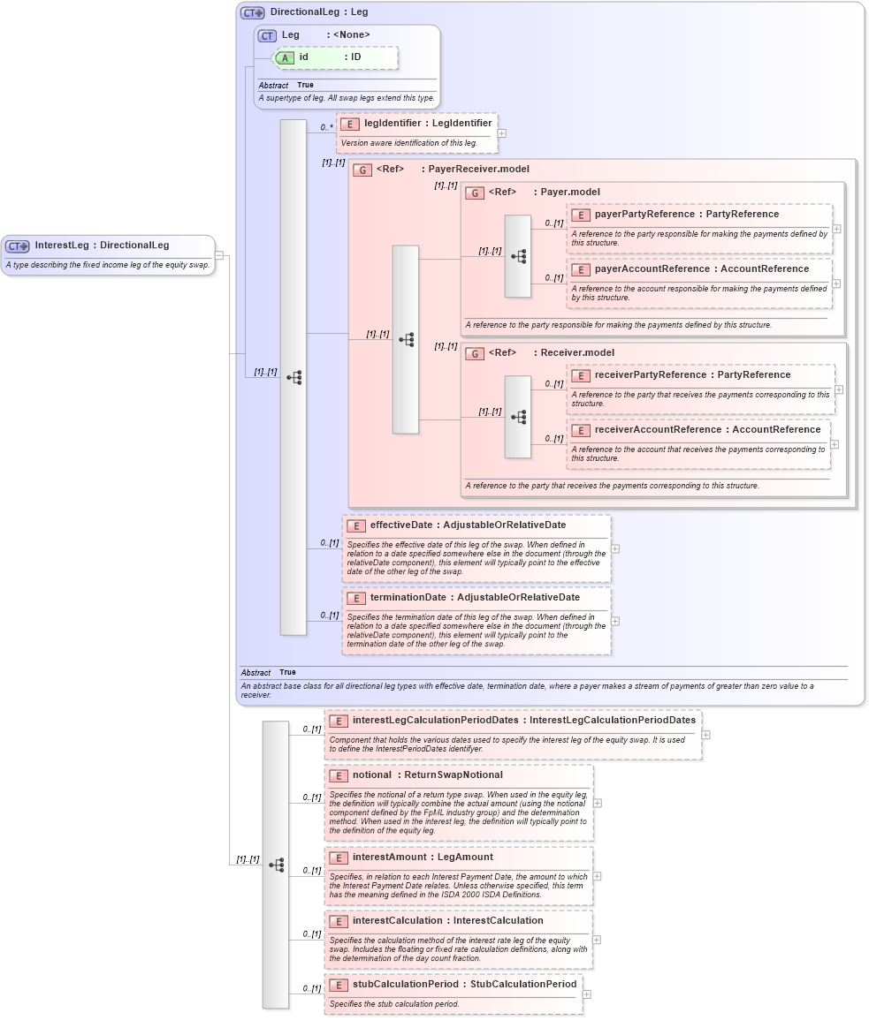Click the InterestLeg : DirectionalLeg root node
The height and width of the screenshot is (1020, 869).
pos(102,246)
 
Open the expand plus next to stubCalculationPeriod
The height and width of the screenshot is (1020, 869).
pos(586,994)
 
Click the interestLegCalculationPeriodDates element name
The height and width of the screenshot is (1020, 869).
pos(435,721)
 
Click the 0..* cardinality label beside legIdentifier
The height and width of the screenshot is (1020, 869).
pos(326,127)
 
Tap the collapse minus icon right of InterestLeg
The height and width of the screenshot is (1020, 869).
pos(220,256)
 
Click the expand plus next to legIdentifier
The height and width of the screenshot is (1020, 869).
pos(501,133)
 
